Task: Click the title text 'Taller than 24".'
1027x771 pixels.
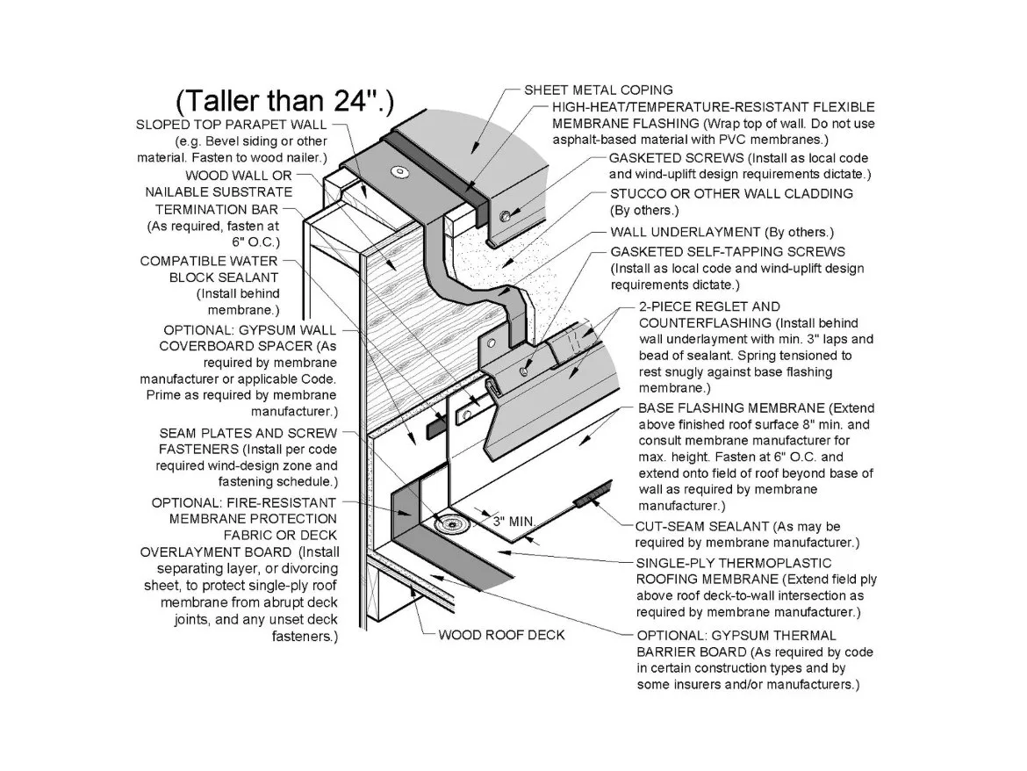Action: pyautogui.click(x=285, y=100)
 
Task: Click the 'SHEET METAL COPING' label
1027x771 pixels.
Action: pyautogui.click(x=598, y=90)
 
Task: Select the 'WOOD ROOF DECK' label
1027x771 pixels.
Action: pyautogui.click(x=501, y=634)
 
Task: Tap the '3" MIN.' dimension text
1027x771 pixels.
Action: pyautogui.click(x=513, y=522)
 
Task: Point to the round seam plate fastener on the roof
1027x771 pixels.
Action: pyautogui.click(x=450, y=523)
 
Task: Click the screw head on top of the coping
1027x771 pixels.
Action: pyautogui.click(x=398, y=172)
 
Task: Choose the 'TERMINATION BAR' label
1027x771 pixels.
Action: pyautogui.click(x=217, y=210)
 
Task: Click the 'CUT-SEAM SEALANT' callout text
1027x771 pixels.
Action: pyautogui.click(x=701, y=526)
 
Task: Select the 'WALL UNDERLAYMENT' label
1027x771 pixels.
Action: pyautogui.click(x=685, y=232)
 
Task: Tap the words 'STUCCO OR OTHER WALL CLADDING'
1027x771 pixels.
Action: pyautogui.click(x=731, y=193)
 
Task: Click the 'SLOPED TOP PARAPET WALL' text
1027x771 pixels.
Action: pyautogui.click(x=231, y=125)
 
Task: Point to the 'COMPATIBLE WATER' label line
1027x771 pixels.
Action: pyautogui.click(x=209, y=261)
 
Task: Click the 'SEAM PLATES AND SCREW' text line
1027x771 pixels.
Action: pyautogui.click(x=248, y=433)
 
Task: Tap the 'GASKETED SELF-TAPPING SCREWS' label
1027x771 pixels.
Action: pyautogui.click(x=728, y=251)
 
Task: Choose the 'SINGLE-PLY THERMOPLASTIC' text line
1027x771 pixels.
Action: pyautogui.click(x=734, y=563)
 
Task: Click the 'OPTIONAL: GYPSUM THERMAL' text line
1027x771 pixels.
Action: pyautogui.click(x=736, y=636)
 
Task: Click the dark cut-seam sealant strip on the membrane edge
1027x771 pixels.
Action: pyautogui.click(x=592, y=493)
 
